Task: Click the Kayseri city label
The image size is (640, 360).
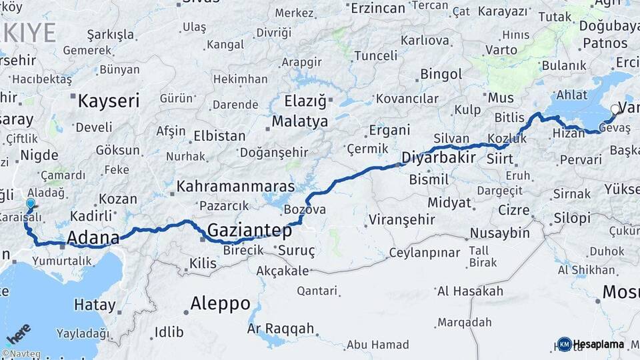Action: click(x=109, y=101)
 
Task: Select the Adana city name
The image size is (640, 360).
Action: click(x=93, y=237)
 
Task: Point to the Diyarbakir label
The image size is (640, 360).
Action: click(x=439, y=158)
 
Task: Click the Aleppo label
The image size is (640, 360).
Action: click(x=220, y=303)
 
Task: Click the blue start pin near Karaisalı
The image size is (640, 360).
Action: click(x=30, y=204)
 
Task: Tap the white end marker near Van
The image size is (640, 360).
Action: click(x=615, y=109)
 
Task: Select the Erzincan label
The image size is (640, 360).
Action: click(x=378, y=8)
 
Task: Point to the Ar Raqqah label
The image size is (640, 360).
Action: click(x=280, y=329)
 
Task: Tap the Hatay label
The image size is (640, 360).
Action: click(x=94, y=304)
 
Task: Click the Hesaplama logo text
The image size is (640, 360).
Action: click(x=601, y=344)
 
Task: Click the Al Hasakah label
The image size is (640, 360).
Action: click(x=470, y=291)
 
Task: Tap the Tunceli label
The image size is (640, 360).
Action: click(x=378, y=55)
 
